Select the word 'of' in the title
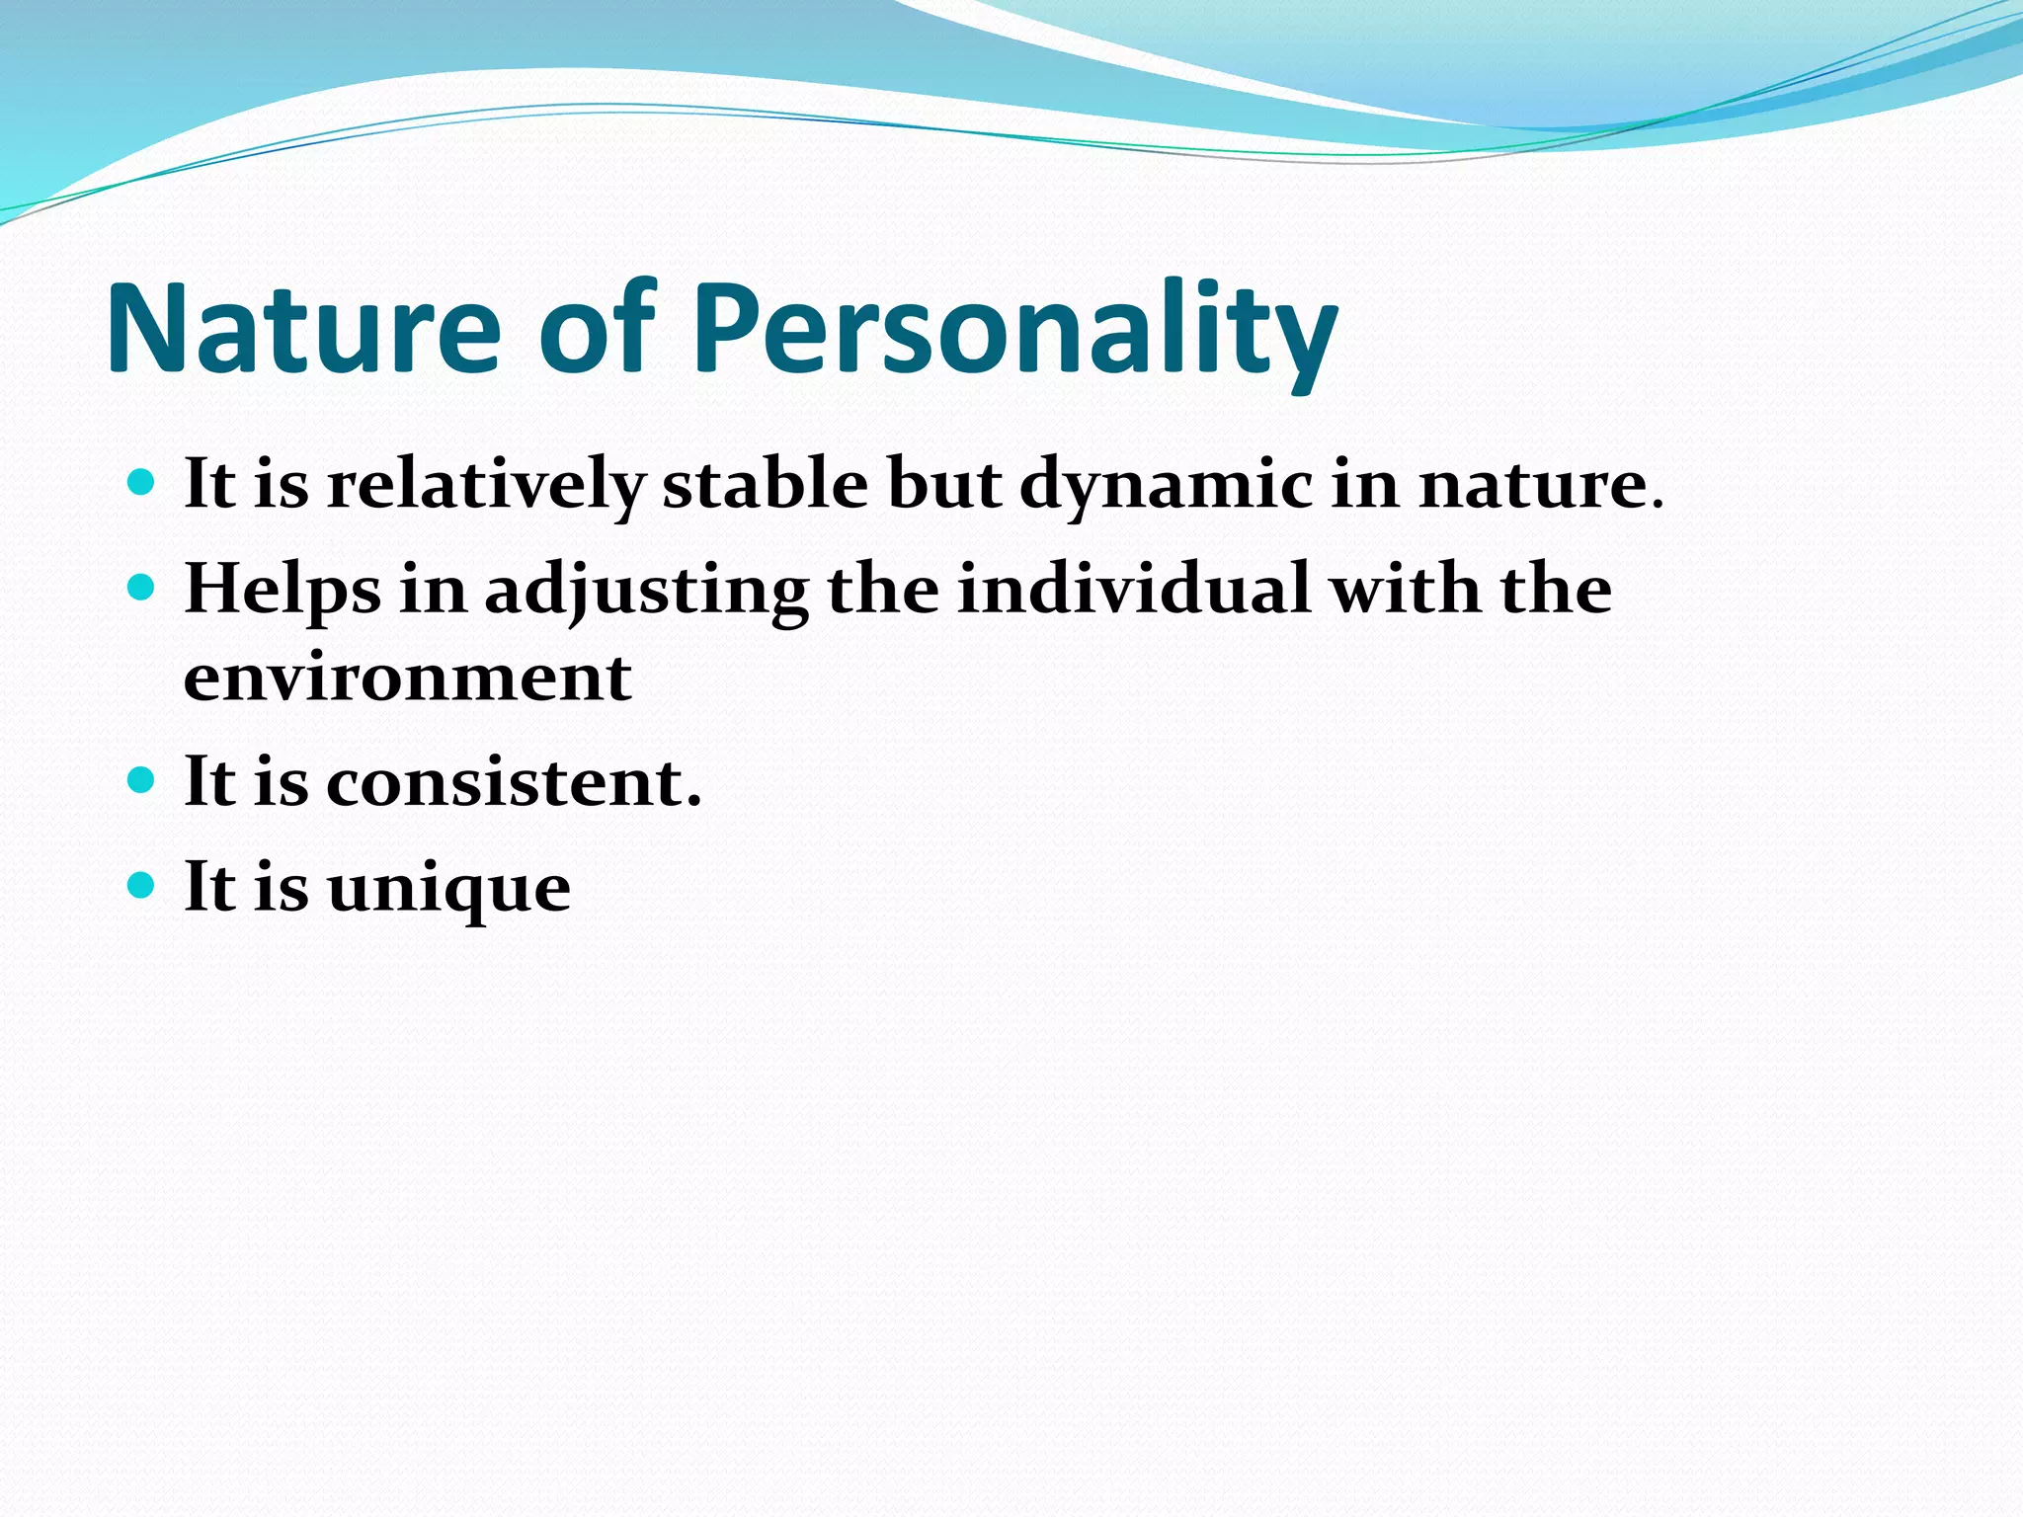point(597,328)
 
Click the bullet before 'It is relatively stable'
point(142,483)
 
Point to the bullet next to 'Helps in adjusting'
point(142,589)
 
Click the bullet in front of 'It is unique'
point(142,885)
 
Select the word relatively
point(486,486)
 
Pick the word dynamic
point(1167,486)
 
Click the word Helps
point(283,591)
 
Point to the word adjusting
point(646,591)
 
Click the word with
point(1406,589)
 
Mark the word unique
point(448,888)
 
